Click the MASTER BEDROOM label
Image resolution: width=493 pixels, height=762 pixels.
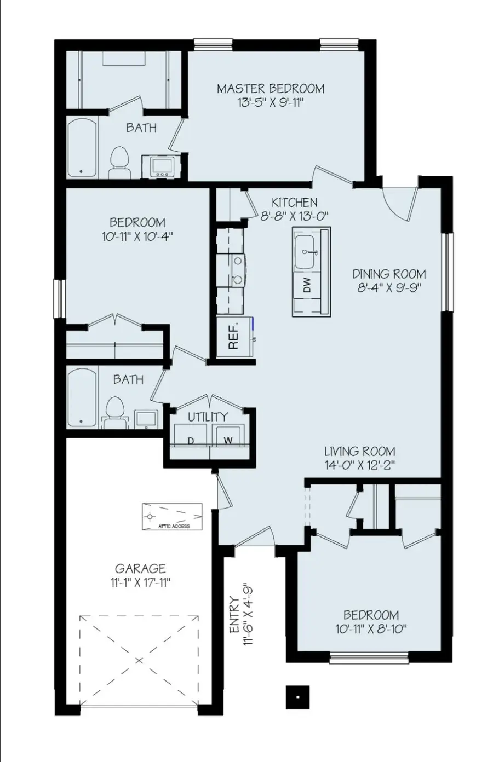(270, 88)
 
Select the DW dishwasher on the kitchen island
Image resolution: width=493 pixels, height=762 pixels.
(307, 285)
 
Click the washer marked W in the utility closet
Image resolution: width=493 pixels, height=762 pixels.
(228, 440)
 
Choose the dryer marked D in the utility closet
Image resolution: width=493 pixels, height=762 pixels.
(191, 440)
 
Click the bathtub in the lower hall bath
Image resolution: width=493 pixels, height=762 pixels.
(82, 397)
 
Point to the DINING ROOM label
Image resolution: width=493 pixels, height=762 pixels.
(388, 274)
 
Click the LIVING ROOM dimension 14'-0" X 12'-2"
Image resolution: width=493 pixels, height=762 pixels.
(359, 465)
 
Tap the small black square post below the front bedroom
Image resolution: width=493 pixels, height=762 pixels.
(297, 697)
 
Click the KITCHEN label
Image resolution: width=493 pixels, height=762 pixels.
(294, 203)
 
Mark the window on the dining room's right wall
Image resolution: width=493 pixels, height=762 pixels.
(449, 272)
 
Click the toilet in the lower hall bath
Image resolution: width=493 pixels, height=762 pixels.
(115, 412)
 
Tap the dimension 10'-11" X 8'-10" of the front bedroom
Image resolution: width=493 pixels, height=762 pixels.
(371, 629)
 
